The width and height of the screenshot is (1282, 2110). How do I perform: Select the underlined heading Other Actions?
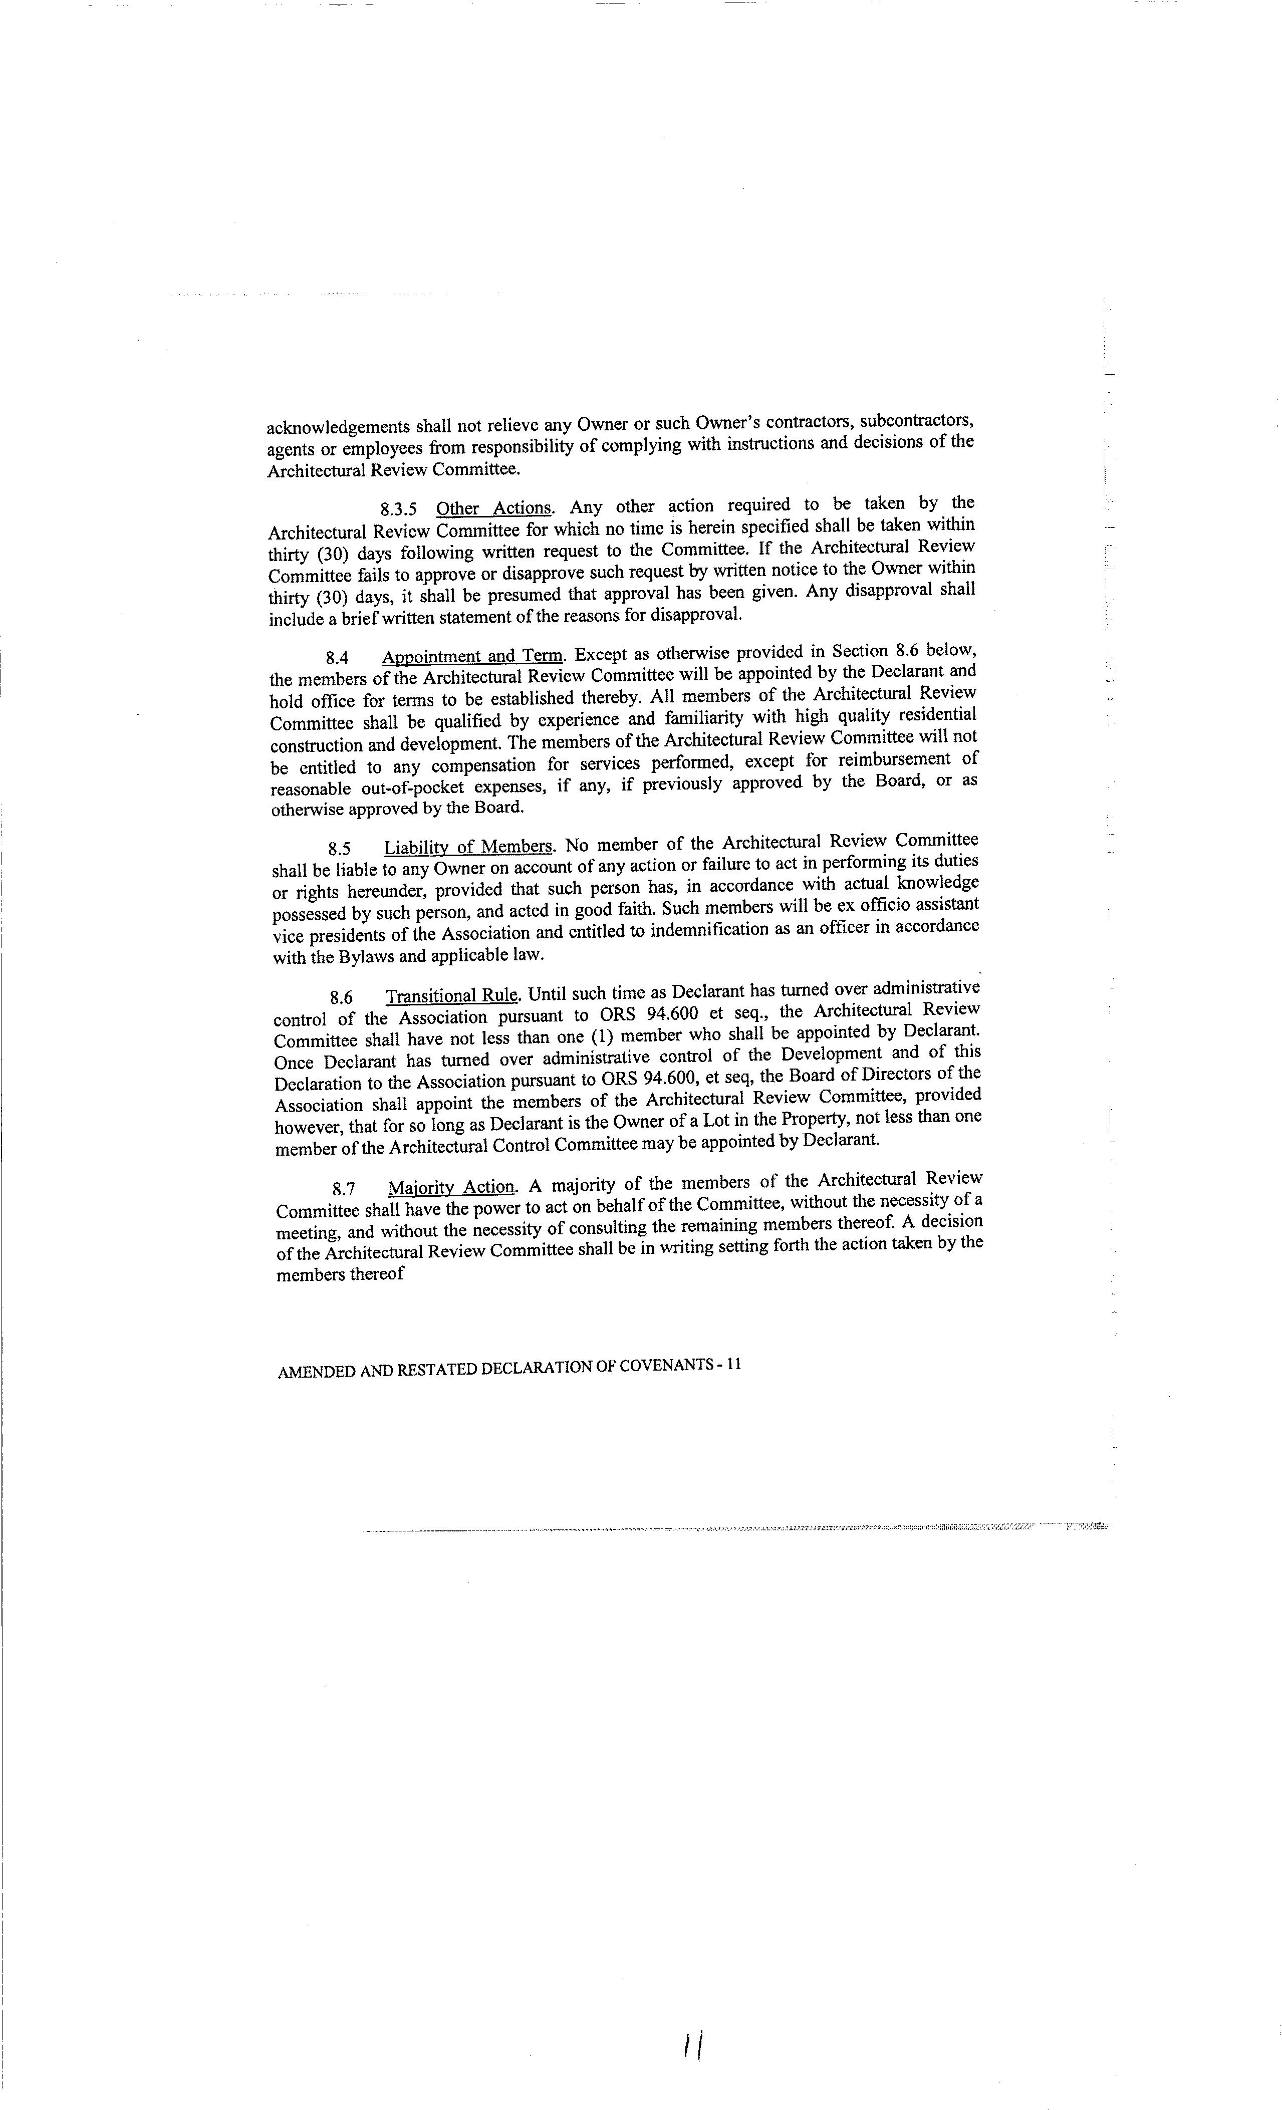494,508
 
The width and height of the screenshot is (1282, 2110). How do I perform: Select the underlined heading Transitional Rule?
451,996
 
